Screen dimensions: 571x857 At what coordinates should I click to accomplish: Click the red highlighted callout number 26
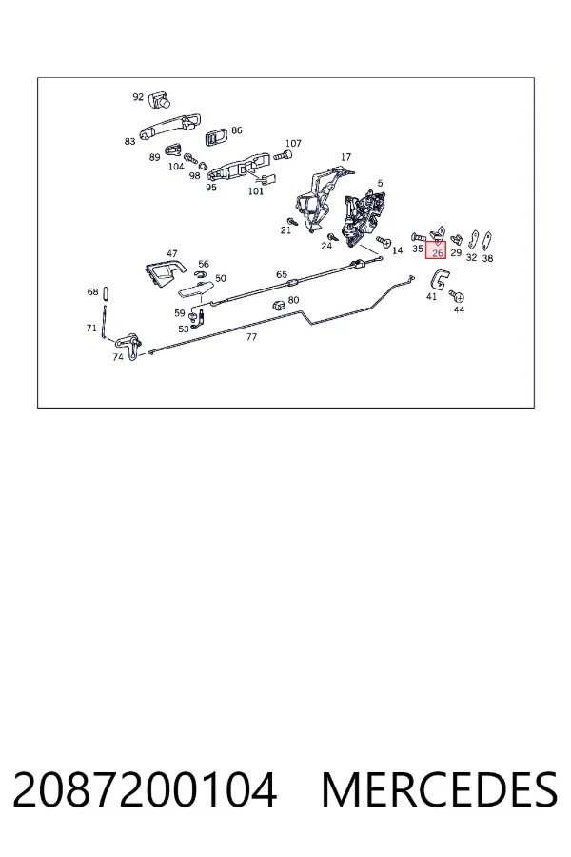tap(437, 252)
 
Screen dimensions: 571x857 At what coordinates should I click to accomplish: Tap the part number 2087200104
tap(145, 789)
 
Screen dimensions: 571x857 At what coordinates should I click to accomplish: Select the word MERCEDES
tap(440, 789)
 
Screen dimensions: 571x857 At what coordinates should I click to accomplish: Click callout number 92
tap(138, 97)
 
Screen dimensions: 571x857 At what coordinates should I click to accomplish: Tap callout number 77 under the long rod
tap(251, 337)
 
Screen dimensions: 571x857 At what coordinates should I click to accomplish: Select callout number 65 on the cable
tap(282, 274)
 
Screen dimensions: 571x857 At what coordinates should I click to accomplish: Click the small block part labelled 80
tap(279, 305)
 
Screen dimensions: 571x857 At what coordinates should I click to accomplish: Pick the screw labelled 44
tap(457, 296)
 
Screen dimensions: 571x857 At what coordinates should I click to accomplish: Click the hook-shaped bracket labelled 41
tap(438, 280)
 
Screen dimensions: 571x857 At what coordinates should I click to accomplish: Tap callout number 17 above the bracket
tap(345, 157)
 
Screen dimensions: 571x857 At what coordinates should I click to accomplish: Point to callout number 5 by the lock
tap(381, 183)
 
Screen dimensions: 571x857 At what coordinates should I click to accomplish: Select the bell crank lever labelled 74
tap(129, 346)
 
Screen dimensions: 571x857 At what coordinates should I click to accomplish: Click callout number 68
tap(92, 292)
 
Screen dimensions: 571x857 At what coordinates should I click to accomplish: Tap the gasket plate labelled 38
tap(487, 241)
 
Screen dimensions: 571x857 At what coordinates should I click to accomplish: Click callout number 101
tap(256, 191)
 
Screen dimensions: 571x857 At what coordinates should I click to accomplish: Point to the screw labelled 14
tap(384, 241)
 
